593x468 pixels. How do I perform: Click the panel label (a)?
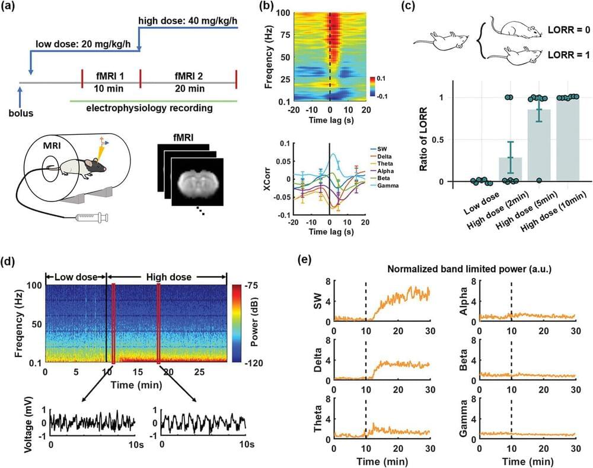click(x=12, y=8)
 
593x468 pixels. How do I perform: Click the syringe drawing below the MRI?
click(x=94, y=219)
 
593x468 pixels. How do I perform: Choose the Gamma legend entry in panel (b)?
click(x=385, y=186)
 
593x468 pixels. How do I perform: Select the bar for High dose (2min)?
click(x=509, y=169)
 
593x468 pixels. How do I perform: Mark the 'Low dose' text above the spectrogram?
click(x=75, y=277)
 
